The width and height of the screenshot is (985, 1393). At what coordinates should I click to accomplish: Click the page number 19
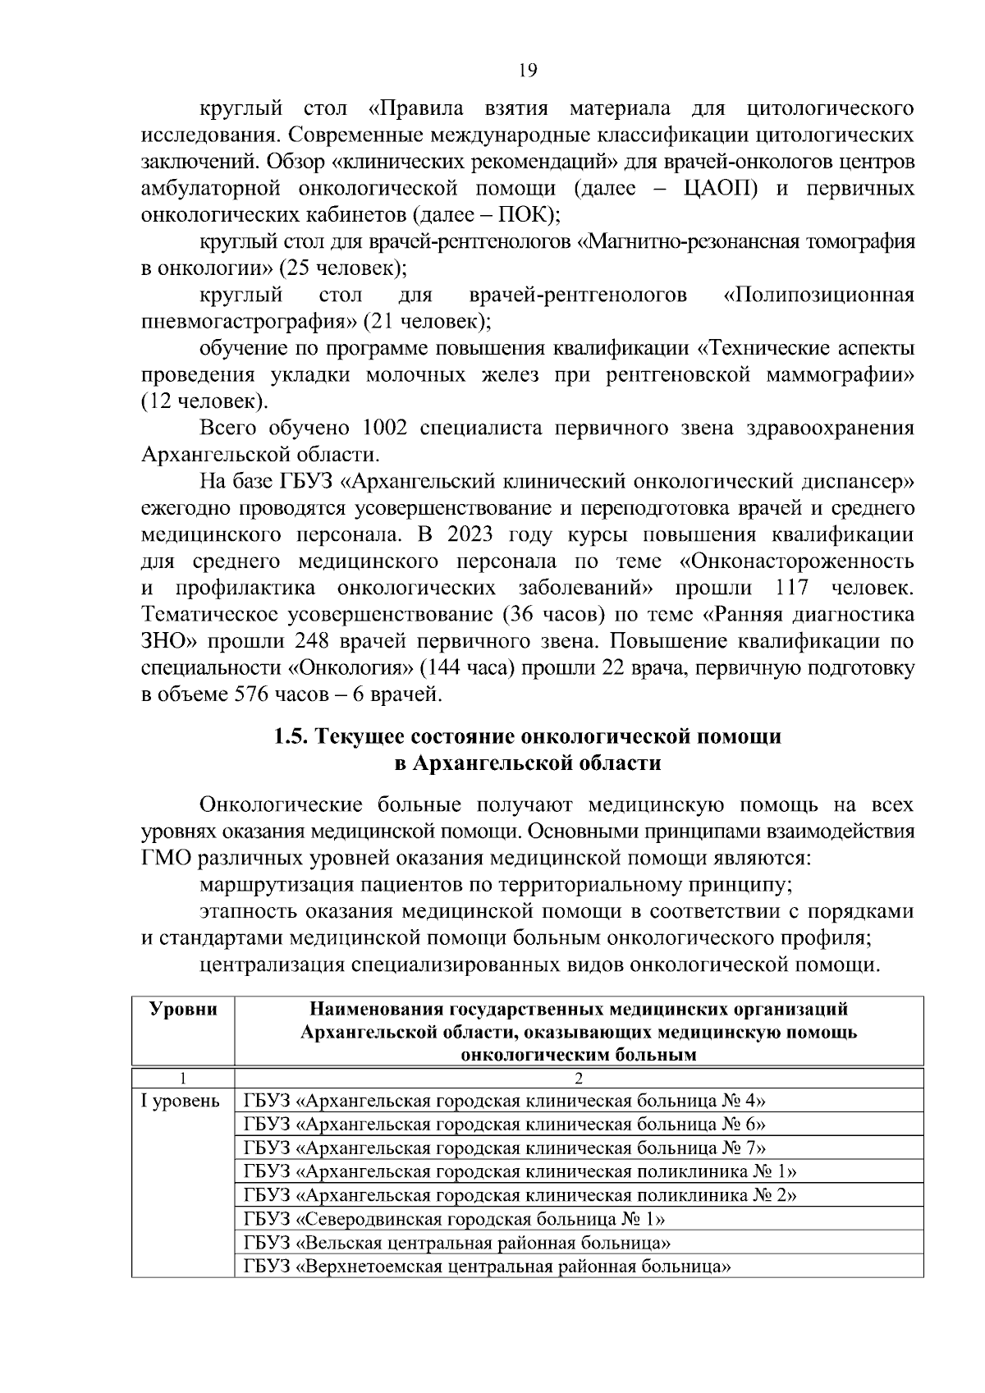click(528, 71)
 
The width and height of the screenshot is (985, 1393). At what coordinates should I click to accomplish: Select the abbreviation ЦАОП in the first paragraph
click(720, 189)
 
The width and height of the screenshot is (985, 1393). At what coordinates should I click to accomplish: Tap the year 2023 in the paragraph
click(471, 534)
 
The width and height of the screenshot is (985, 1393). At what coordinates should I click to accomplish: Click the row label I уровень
click(181, 1101)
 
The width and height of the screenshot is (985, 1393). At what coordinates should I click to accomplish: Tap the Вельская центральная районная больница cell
click(459, 1242)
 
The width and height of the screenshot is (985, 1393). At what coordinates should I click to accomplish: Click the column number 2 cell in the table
click(579, 1077)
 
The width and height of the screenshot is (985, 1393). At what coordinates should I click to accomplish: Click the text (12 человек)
click(204, 401)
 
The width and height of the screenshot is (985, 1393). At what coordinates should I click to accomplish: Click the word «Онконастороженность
click(797, 561)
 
